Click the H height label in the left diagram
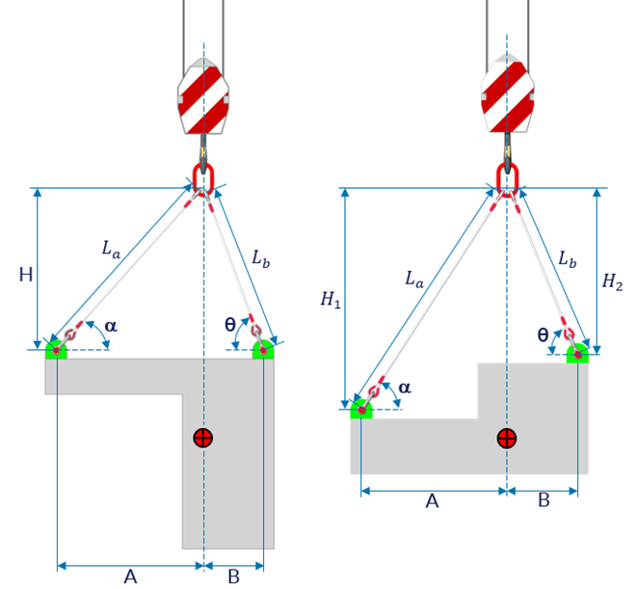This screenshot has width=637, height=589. [26, 275]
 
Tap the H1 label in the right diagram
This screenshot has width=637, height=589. [331, 300]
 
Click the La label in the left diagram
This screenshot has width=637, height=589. [112, 248]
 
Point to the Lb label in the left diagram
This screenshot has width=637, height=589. [261, 258]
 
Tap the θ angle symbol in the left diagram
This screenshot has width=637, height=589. [229, 326]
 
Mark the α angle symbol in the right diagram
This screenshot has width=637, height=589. [404, 388]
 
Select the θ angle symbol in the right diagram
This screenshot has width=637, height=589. [543, 335]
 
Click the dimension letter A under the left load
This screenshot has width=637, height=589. [130, 576]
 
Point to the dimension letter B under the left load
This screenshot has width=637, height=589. [233, 576]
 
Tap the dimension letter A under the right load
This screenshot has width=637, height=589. [433, 500]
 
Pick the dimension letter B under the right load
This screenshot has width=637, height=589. [544, 500]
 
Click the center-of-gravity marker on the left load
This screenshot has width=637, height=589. [202, 439]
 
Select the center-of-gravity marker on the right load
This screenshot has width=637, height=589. [506, 439]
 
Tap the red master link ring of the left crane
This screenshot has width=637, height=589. [203, 177]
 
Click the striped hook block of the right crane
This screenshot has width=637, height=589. [507, 96]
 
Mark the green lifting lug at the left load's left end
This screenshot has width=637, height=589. [56, 348]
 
